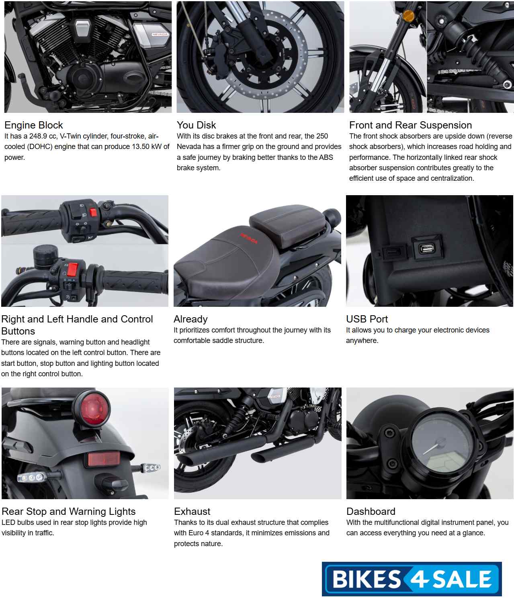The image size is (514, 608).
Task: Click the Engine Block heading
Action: tap(33, 125)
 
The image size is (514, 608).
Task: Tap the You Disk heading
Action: tap(196, 125)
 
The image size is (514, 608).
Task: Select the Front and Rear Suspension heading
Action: tap(410, 125)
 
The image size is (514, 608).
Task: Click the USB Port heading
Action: tap(367, 319)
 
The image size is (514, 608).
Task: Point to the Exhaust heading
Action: tap(192, 511)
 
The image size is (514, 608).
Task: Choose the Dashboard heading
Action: tap(371, 511)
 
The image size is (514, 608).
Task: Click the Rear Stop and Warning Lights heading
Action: tap(68, 512)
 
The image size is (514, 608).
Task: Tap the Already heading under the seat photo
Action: tap(190, 319)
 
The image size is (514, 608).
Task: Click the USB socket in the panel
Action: tap(427, 249)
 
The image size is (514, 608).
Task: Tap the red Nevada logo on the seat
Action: tap(249, 238)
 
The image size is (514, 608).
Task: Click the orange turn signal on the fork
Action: tap(409, 16)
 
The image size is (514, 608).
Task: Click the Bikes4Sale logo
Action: tap(412, 579)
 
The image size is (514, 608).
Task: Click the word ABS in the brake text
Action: tap(326, 157)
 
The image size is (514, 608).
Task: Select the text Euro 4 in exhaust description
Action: tap(199, 533)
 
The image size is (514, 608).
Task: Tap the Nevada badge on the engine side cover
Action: tap(160, 35)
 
